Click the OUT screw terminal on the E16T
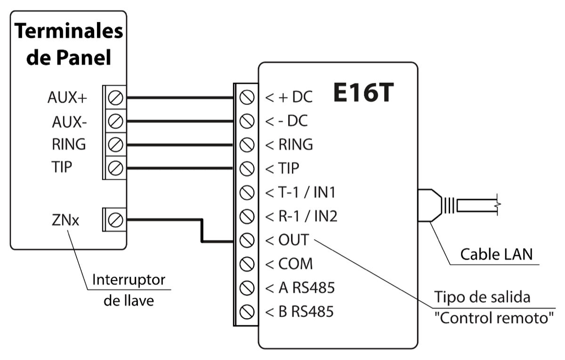coord(245,240)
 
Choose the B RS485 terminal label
coord(300,312)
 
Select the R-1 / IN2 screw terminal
coord(245,216)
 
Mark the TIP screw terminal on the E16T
coord(245,168)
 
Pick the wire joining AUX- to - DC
coord(181,121)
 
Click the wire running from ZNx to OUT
coord(202,231)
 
